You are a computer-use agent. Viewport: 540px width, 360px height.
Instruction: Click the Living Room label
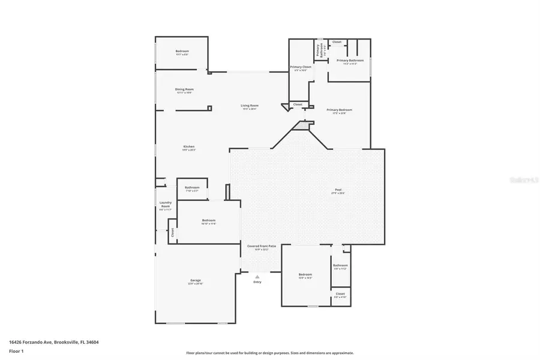click(x=250, y=106)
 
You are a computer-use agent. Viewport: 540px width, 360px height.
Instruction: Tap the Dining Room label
click(x=185, y=89)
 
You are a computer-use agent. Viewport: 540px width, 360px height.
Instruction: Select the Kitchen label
click(x=189, y=147)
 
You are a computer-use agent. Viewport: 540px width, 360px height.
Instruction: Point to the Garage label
click(x=196, y=280)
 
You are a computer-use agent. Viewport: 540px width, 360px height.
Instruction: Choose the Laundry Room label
click(x=165, y=205)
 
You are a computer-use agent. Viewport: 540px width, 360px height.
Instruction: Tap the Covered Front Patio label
click(x=262, y=246)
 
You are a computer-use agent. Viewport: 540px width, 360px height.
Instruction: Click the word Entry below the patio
click(x=257, y=281)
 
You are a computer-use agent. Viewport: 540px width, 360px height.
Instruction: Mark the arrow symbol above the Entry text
click(x=257, y=275)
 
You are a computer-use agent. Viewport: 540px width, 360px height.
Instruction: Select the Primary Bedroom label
click(x=339, y=110)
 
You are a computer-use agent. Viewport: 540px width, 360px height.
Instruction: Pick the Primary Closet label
click(x=301, y=67)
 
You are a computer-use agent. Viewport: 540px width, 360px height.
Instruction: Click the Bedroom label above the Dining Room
click(x=182, y=52)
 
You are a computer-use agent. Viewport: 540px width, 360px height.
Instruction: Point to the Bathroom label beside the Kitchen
click(x=192, y=188)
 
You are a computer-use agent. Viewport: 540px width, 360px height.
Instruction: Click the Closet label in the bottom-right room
click(x=340, y=293)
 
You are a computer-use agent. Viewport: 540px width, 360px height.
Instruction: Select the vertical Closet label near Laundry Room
click(x=172, y=232)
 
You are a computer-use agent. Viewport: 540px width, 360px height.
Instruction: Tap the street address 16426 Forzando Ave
click(x=53, y=342)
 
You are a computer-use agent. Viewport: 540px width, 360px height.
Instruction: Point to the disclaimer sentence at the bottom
click(x=270, y=353)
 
